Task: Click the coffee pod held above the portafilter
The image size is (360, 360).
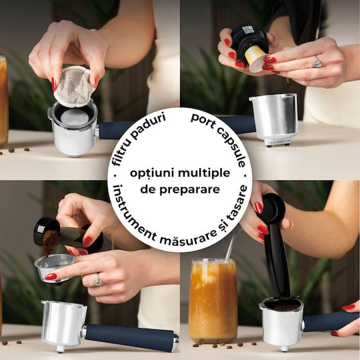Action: [74, 87]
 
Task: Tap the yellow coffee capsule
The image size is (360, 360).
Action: [255, 59]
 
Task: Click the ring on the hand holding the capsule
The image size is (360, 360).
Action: [317, 62]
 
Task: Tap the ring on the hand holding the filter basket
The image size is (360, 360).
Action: [98, 281]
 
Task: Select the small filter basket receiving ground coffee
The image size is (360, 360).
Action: [54, 267]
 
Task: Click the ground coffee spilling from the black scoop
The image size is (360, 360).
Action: [49, 242]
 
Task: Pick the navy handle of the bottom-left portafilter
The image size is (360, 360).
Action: [131, 337]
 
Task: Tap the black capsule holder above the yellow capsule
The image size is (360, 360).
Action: [249, 39]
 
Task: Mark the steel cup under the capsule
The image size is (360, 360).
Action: [273, 119]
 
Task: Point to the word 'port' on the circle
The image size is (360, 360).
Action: [203, 121]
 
